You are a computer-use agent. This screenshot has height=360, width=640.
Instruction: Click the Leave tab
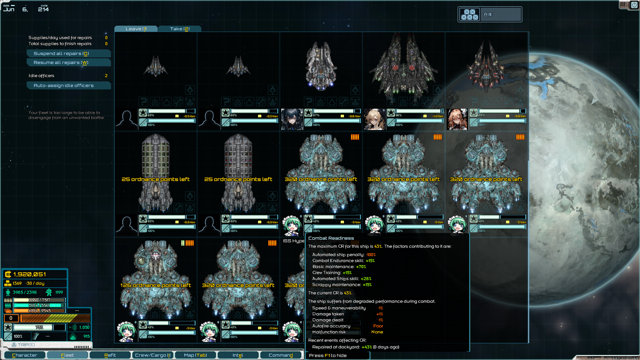click(x=136, y=29)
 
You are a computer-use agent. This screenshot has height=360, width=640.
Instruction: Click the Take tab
click(x=179, y=29)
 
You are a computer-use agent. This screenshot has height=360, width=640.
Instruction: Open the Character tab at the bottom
click(x=25, y=355)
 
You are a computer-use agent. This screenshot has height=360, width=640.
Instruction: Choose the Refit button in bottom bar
click(x=110, y=355)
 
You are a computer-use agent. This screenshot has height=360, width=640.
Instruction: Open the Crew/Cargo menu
click(x=153, y=355)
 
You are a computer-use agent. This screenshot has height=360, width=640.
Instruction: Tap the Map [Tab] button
click(x=195, y=355)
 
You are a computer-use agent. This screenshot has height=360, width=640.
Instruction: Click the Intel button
click(x=238, y=355)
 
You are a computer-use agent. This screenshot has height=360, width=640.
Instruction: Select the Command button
click(x=281, y=355)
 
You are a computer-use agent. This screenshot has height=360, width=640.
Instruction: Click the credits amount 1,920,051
click(x=30, y=274)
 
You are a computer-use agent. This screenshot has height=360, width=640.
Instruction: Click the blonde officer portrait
click(x=375, y=119)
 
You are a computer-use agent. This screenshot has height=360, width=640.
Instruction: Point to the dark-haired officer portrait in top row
click(x=292, y=119)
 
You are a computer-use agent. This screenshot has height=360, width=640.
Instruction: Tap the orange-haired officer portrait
click(x=457, y=119)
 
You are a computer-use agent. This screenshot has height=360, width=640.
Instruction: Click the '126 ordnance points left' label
click(x=155, y=285)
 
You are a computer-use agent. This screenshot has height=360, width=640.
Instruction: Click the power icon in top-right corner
click(x=634, y=5)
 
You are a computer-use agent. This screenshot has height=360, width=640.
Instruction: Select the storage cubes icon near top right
click(x=469, y=14)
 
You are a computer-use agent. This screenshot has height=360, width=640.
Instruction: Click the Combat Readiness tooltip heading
click(x=331, y=238)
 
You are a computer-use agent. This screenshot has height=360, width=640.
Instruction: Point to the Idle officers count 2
click(x=106, y=76)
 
